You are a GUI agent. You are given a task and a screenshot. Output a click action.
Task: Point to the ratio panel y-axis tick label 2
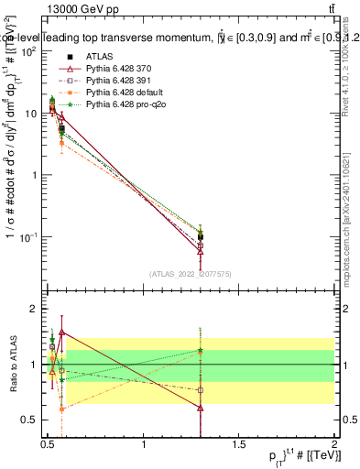[35, 310]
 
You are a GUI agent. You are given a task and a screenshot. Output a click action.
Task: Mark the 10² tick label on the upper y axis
[27, 51]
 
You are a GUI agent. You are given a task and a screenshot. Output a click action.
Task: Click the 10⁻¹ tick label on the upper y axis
[27, 237]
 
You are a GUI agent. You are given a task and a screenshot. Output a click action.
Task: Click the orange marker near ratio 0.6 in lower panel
[61, 409]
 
